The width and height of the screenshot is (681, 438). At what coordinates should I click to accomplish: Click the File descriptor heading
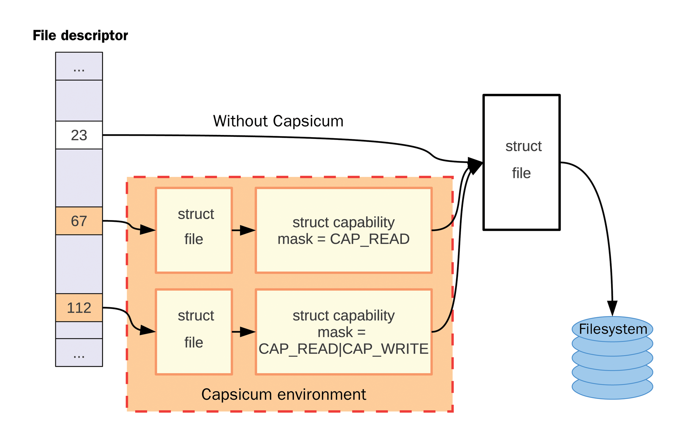click(80, 35)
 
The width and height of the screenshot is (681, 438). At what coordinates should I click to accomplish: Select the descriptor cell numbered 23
click(79, 135)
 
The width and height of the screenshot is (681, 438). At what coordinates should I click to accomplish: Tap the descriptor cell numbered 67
click(79, 221)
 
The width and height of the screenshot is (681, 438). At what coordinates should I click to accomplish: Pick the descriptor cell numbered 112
click(79, 308)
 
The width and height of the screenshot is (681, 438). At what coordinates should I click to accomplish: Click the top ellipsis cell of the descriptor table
click(79, 67)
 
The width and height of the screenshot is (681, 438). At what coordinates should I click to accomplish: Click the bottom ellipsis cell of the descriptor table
click(79, 353)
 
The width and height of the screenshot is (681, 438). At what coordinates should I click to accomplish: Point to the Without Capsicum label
click(278, 121)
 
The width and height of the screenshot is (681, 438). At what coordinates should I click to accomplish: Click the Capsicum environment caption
click(283, 394)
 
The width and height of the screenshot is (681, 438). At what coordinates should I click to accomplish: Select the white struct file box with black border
click(521, 162)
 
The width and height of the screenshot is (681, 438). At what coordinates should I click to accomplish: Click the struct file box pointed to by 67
click(194, 230)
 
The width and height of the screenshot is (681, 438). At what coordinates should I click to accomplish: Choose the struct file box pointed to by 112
click(194, 332)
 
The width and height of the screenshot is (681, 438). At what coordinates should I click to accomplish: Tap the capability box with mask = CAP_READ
click(343, 230)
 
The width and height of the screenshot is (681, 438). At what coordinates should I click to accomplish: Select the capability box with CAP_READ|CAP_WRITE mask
click(343, 332)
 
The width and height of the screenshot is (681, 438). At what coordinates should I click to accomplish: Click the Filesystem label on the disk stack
click(613, 329)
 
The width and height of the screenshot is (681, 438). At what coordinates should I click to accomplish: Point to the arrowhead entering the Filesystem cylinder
click(612, 308)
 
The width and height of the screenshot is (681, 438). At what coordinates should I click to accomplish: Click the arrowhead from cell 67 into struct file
click(147, 230)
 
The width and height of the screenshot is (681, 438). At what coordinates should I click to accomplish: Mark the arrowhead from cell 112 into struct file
click(147, 331)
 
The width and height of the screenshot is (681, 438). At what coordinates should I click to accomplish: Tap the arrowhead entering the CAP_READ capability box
click(248, 230)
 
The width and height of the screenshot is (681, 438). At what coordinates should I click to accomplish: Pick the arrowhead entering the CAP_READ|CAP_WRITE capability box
click(248, 332)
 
